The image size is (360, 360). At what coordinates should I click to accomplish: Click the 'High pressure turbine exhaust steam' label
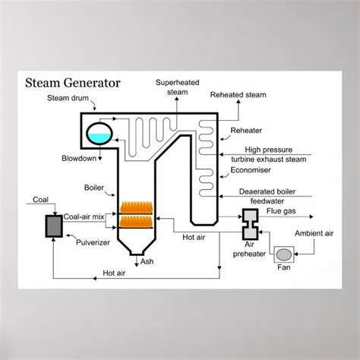[x=285, y=154]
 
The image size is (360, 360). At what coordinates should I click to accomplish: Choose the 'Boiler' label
[x=94, y=185]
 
